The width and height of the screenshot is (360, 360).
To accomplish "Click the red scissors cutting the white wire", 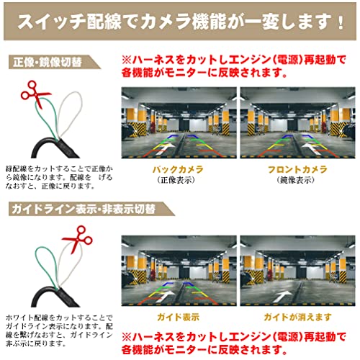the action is click(78, 239).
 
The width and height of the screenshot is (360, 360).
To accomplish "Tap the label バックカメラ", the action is click(178, 170).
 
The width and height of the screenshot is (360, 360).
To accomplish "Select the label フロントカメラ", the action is click(297, 170).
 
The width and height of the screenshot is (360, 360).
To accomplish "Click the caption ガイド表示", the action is click(179, 318).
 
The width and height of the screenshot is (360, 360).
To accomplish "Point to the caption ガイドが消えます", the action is click(297, 318).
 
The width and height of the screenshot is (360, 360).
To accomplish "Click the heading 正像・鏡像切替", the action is click(48, 63).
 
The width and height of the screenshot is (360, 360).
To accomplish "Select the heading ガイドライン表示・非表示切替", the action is click(84, 209).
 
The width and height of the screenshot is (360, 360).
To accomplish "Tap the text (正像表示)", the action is click(176, 180).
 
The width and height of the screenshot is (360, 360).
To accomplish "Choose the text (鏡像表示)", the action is click(295, 180).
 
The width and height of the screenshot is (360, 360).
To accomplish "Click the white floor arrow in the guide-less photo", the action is click(282, 297).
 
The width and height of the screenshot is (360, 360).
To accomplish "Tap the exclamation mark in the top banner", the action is click(341, 22).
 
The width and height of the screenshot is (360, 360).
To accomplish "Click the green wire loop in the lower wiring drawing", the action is click(45, 266).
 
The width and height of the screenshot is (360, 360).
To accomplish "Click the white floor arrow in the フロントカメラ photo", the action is click(311, 148).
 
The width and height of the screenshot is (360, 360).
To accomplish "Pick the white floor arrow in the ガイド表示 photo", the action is click(166, 297).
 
